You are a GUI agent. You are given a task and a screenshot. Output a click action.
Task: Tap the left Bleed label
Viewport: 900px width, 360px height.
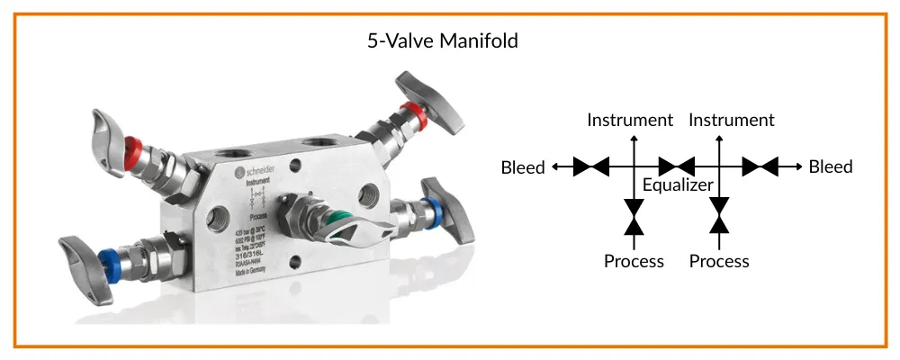coord(523,167)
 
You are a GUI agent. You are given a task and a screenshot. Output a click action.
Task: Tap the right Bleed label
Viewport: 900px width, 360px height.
coord(831,166)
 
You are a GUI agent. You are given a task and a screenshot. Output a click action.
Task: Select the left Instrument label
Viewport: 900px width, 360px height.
coord(630,120)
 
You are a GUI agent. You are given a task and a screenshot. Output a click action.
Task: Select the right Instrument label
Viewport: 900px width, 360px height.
coord(731,120)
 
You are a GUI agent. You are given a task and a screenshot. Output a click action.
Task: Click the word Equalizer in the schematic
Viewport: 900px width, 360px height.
coord(678,185)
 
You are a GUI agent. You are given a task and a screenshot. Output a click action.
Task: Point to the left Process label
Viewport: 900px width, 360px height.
coord(634,261)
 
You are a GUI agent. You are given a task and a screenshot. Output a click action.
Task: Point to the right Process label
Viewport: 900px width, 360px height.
coord(719,261)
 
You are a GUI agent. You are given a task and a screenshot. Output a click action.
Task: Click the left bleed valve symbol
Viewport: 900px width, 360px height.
coord(592,166)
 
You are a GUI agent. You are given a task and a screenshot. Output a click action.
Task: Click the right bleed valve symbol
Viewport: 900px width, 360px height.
coord(761,166)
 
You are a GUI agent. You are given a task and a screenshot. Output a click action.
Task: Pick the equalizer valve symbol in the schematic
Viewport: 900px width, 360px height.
coord(677,166)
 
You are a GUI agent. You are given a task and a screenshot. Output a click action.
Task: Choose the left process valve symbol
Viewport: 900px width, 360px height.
coord(634,216)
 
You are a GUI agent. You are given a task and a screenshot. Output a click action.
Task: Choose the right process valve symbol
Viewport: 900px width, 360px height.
coord(719,216)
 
